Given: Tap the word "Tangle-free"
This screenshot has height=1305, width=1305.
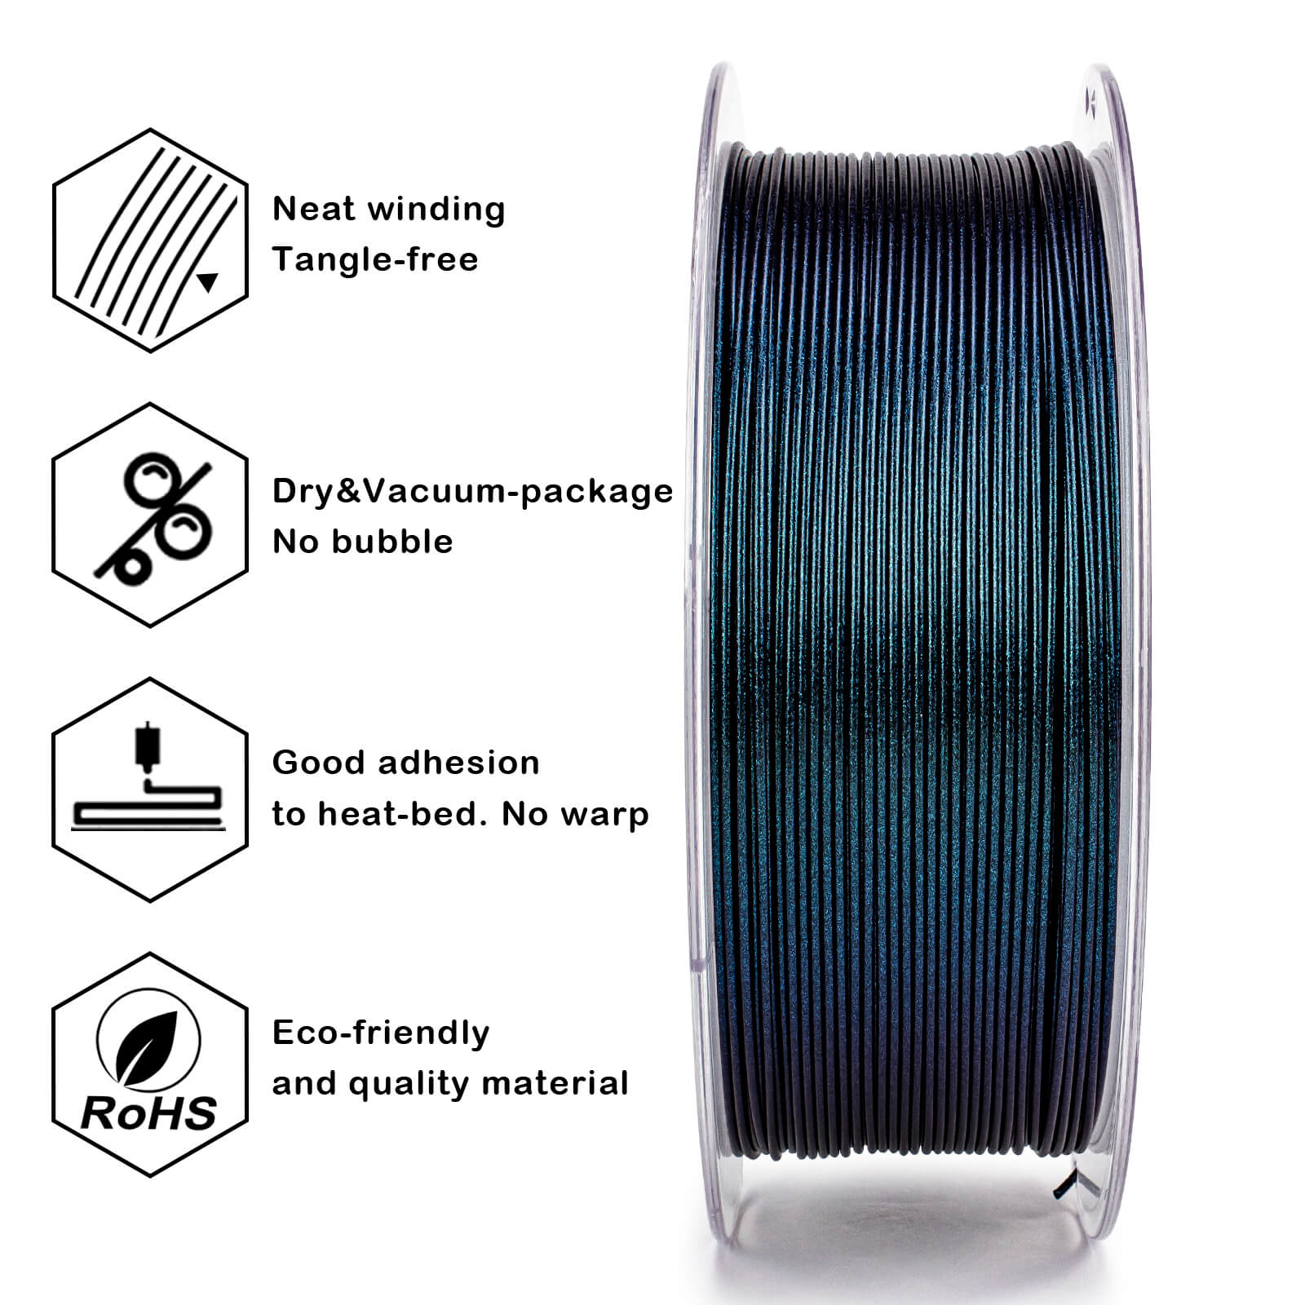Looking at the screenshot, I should pyautogui.click(x=375, y=260).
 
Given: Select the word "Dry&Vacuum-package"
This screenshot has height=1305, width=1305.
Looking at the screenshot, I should pyautogui.click(x=472, y=492).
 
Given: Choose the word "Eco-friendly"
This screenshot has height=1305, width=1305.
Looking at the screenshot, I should pyautogui.click(x=381, y=1033).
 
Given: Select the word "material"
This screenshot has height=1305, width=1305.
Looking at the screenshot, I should pyautogui.click(x=555, y=1084).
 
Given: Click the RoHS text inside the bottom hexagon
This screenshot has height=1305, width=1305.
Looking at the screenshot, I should pyautogui.click(x=149, y=1113).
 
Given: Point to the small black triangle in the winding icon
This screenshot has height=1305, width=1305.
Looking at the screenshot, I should pyautogui.click(x=208, y=282).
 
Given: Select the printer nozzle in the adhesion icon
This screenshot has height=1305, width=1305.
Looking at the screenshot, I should pyautogui.click(x=147, y=746).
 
